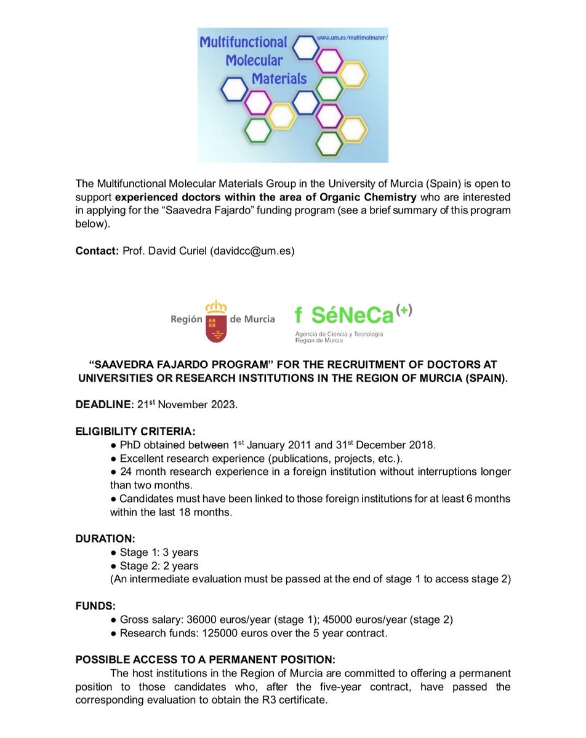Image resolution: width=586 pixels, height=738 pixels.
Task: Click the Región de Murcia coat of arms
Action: tap(215, 320)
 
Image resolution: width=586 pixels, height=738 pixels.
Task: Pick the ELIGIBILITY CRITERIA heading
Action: tap(135, 432)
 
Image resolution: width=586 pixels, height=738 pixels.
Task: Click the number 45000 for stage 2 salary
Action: tap(347, 620)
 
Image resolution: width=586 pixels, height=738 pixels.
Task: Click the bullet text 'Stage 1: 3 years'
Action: tap(159, 552)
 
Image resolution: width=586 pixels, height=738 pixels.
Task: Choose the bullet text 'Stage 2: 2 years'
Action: tap(159, 566)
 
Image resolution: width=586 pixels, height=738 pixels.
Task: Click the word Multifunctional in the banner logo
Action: tap(243, 42)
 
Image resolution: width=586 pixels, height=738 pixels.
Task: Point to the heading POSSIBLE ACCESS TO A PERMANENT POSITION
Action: tap(205, 660)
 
